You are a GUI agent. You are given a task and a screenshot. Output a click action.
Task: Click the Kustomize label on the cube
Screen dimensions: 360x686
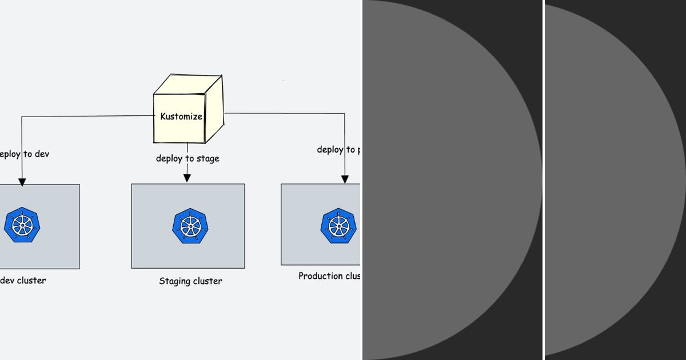(x=181, y=117)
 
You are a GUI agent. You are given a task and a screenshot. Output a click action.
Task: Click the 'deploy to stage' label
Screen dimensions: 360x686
(x=188, y=158)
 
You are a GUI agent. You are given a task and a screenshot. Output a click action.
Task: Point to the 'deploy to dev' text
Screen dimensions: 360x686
(x=24, y=154)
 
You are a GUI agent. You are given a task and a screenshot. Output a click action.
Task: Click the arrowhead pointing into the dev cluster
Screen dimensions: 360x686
(x=22, y=182)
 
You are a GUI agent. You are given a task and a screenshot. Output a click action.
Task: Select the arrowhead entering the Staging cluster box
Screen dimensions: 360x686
(x=187, y=178)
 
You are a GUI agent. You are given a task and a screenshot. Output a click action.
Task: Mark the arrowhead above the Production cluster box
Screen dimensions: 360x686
(x=345, y=179)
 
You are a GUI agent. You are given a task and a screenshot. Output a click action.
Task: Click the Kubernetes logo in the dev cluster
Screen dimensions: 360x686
(x=22, y=225)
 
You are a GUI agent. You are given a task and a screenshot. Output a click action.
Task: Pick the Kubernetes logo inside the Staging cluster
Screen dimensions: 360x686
(x=190, y=226)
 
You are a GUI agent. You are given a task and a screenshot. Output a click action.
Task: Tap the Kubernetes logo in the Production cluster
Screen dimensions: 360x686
(x=338, y=226)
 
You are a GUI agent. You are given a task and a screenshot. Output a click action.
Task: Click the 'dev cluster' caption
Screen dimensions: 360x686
(x=23, y=281)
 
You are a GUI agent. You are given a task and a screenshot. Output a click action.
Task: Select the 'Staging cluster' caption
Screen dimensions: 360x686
(x=190, y=281)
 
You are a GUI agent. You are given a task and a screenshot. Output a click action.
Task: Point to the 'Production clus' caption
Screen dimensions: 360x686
(x=329, y=276)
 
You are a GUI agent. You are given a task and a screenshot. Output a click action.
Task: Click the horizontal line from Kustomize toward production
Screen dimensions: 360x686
(x=286, y=113)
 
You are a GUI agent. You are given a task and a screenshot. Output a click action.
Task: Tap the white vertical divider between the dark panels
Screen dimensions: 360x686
(x=543, y=180)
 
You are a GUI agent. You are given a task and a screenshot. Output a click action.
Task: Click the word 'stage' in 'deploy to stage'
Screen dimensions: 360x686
(x=207, y=159)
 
